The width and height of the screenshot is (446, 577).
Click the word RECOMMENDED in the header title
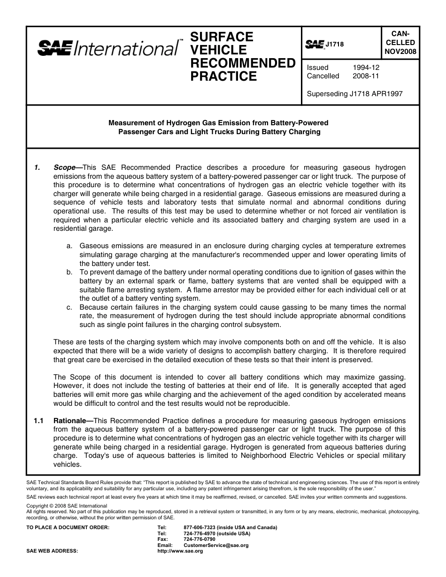point(242,63)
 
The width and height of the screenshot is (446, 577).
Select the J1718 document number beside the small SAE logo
point(335,45)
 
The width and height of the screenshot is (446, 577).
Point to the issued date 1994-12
point(366,68)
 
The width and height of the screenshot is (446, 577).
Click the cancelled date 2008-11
point(366,76)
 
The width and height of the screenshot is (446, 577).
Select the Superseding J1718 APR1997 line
point(354,93)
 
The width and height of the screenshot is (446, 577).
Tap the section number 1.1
point(38,421)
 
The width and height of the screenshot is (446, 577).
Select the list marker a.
point(69,246)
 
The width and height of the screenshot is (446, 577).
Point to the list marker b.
point(69,272)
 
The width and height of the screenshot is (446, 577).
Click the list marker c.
point(69,307)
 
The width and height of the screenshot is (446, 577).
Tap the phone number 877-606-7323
point(200,527)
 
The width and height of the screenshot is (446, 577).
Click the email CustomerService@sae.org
point(216,546)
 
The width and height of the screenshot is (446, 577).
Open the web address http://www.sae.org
point(180,551)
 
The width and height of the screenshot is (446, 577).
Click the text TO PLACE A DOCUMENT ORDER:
point(68,527)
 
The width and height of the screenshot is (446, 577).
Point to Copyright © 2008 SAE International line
point(67,506)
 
